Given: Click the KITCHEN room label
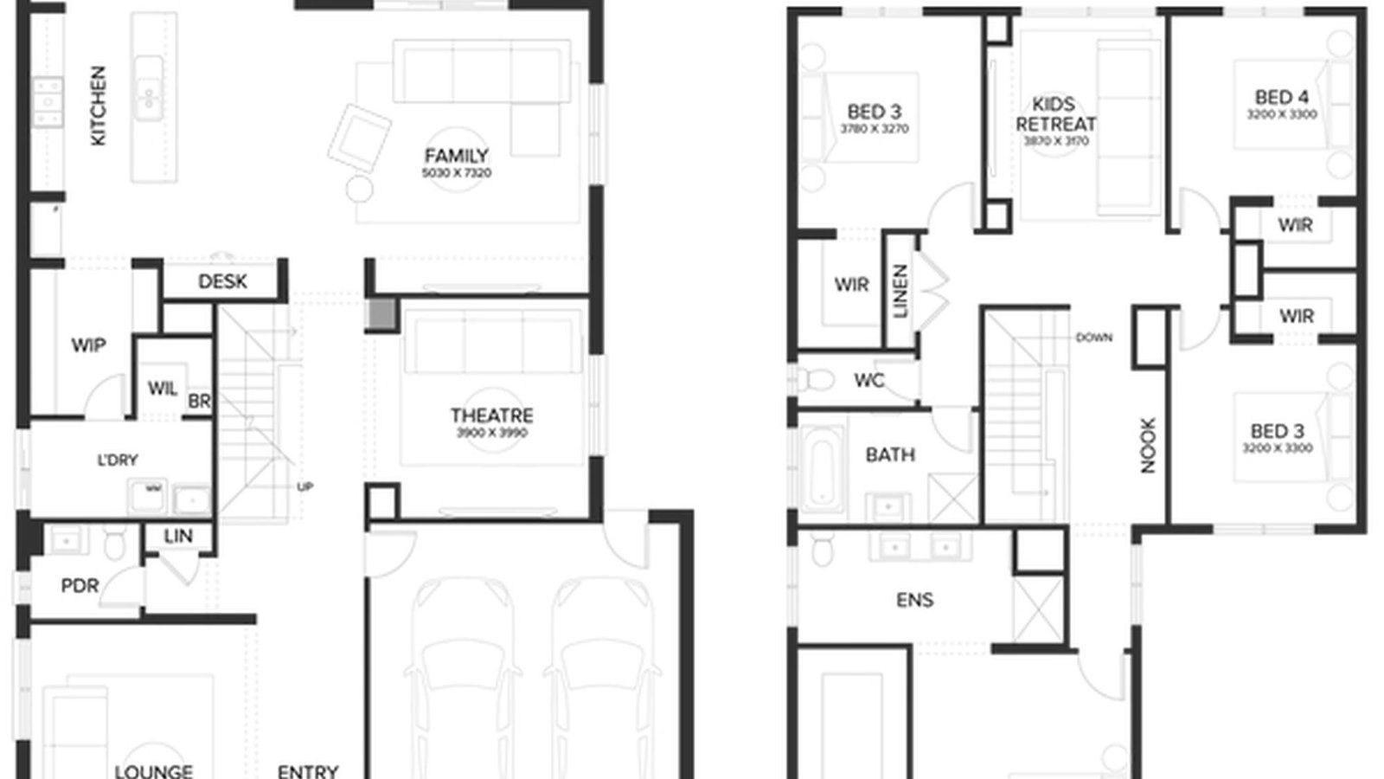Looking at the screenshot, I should [x=98, y=106].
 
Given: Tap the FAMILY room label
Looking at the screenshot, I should [x=456, y=157].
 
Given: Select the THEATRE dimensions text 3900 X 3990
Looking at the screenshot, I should [x=491, y=433].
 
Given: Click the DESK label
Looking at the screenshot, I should [x=222, y=281].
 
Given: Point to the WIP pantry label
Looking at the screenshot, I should [x=88, y=345].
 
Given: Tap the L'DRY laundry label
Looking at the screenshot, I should [x=117, y=460].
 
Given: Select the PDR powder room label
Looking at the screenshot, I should [x=80, y=586].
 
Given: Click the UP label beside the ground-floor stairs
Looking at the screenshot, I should [x=304, y=486].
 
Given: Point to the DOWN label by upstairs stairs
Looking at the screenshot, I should [x=1093, y=338].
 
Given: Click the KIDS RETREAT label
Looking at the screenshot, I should [x=1055, y=114].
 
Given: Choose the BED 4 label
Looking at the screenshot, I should [x=1281, y=98].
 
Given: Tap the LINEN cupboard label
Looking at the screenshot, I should [x=900, y=291].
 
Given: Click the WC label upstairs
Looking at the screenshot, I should [x=868, y=381].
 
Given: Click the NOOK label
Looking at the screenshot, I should [x=1148, y=445].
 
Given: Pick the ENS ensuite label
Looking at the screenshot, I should [x=914, y=600].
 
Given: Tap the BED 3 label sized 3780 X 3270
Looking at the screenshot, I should [x=874, y=112].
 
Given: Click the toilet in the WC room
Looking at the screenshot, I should [x=815, y=380].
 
